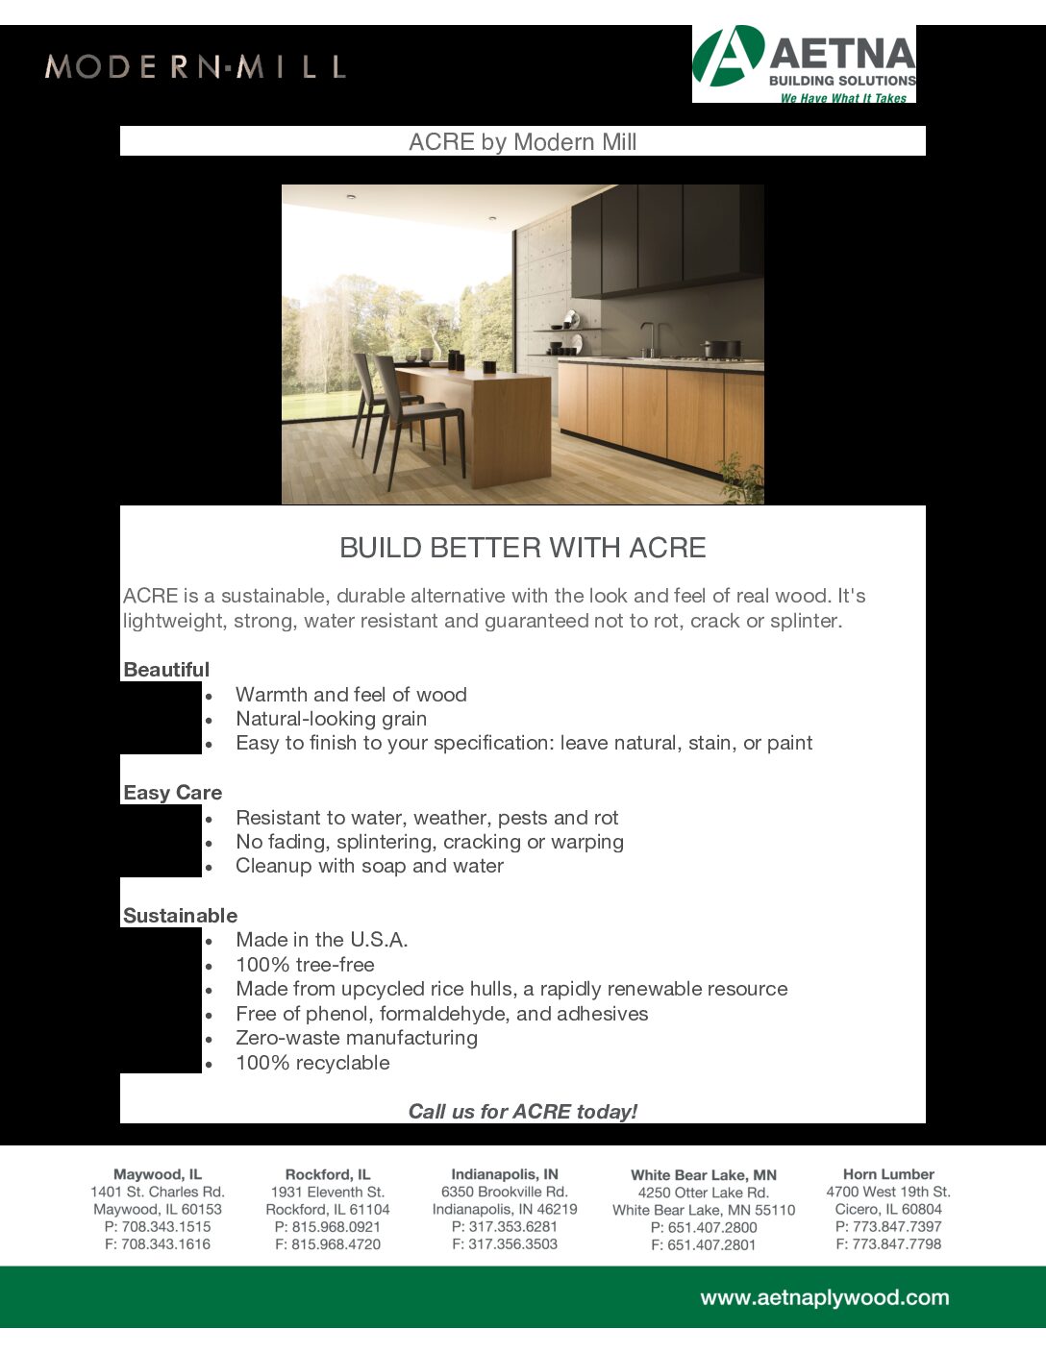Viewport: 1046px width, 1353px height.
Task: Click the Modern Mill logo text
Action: point(195,67)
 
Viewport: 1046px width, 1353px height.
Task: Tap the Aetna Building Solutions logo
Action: point(804,63)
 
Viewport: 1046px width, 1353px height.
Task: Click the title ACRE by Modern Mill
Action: point(522,142)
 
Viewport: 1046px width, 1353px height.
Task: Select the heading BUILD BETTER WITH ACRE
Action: point(522,548)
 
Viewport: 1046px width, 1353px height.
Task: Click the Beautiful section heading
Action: point(166,670)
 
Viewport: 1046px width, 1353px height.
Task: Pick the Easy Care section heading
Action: point(173,793)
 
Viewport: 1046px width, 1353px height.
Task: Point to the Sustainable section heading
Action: point(180,916)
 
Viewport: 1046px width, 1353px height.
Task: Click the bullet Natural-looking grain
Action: point(331,719)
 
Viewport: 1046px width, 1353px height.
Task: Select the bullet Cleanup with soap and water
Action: point(369,866)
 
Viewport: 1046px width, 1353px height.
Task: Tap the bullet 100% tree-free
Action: point(305,965)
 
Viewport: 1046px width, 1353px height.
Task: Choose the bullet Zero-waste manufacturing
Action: point(357,1038)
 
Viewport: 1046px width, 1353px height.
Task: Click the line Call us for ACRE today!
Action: point(522,1112)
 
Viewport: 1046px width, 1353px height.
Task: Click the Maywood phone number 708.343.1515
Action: point(158,1227)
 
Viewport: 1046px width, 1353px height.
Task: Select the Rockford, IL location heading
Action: point(328,1174)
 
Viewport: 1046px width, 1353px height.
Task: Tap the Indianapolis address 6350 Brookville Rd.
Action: point(505,1192)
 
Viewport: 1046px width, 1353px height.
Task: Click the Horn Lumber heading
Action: point(888,1174)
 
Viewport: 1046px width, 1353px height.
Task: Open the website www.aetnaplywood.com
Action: point(824,1298)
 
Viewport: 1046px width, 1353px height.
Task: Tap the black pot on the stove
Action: point(721,349)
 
